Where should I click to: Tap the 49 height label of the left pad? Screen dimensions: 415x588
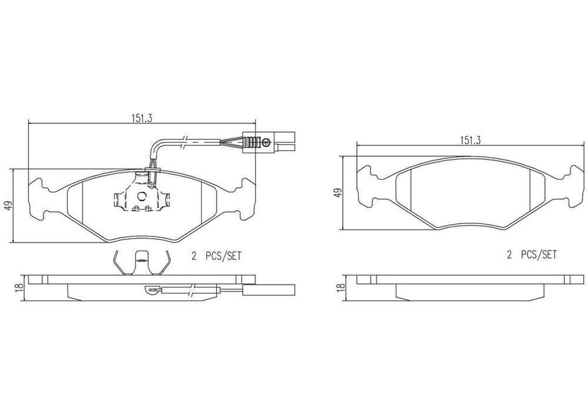pyautogui.click(x=7, y=206)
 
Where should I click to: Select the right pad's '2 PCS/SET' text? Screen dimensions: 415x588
pyautogui.click(x=532, y=256)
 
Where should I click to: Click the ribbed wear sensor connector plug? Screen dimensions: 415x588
pyautogui.click(x=257, y=142)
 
